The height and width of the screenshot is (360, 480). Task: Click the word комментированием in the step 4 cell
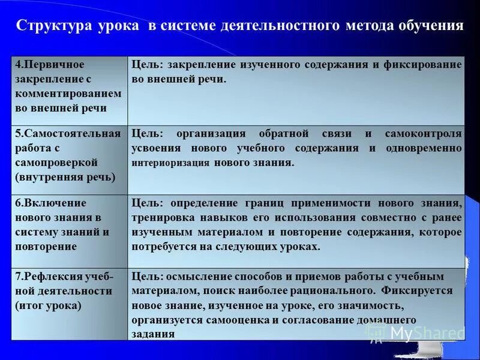[x=68, y=94]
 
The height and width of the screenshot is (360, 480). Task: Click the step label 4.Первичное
[x=50, y=64]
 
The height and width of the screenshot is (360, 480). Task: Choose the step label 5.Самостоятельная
[x=68, y=133]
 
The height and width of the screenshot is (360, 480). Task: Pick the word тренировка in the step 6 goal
[x=161, y=217]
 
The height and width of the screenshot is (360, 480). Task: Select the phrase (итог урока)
[x=47, y=305]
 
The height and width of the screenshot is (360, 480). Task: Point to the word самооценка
[x=236, y=320]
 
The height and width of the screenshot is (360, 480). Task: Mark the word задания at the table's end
[x=153, y=334]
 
